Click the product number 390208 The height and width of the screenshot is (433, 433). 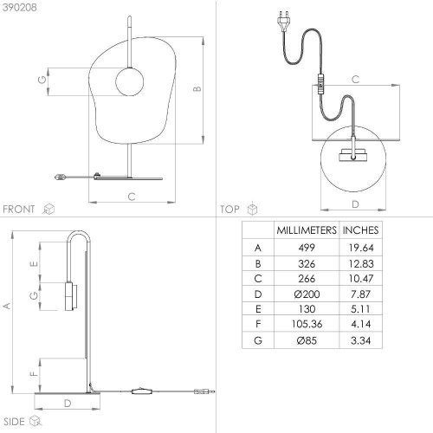20,8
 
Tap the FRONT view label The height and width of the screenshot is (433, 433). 19,209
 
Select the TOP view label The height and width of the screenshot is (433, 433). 229,209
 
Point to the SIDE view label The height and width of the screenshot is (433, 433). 14,422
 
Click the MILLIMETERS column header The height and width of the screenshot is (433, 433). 307,230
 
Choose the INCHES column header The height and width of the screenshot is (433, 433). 360,230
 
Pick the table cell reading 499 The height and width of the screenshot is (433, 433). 307,248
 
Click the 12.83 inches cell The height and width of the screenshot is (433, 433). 361,263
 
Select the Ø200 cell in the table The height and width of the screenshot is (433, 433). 307,294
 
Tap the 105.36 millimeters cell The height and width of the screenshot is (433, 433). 307,324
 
